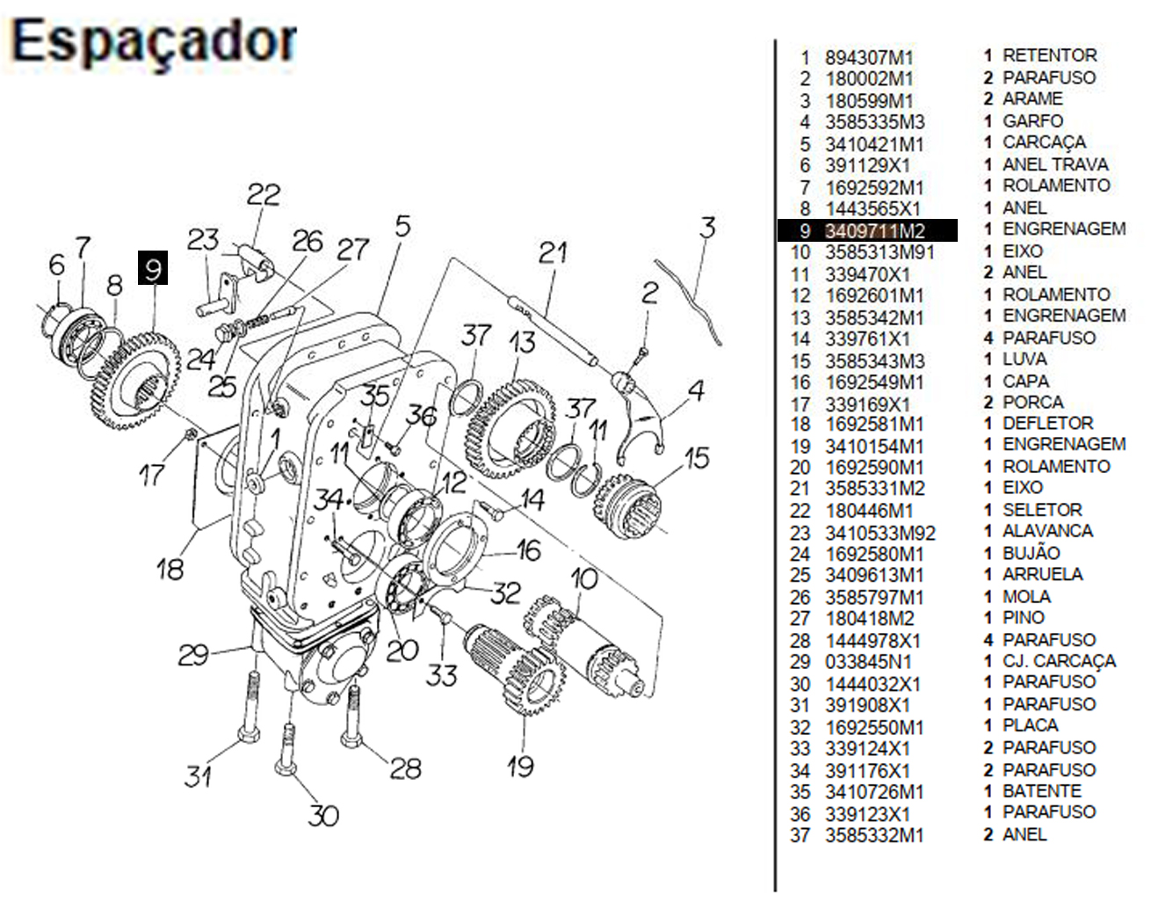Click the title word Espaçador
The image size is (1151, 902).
155,41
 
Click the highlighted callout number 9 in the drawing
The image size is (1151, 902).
153,267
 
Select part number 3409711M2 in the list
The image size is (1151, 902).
874,231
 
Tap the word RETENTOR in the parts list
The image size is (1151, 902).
1049,55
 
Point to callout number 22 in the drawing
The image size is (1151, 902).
263,194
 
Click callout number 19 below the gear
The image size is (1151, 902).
519,766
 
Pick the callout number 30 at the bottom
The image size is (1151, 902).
322,815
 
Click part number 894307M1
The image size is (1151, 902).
869,58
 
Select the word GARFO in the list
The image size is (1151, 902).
1032,120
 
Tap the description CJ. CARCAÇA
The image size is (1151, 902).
1059,661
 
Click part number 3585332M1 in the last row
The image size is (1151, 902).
874,835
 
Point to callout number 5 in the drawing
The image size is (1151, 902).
402,226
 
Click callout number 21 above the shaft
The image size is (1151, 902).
553,253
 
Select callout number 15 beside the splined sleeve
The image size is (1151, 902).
697,458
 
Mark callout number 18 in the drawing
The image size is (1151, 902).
170,569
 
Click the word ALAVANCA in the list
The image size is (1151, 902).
1047,531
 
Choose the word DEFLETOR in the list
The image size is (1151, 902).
1047,423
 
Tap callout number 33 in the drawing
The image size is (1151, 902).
442,675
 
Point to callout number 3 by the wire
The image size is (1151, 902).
707,228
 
